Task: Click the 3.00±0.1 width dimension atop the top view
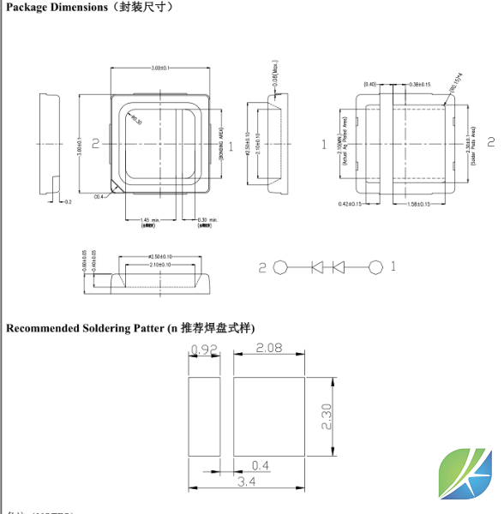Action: pos(159,67)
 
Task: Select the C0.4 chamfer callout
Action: pos(99,197)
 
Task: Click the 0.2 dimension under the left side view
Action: pos(69,202)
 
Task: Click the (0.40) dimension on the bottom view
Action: pos(370,84)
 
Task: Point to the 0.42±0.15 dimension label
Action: pos(350,204)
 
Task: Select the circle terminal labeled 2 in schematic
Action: pos(280,267)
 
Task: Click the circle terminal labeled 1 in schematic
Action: pos(375,267)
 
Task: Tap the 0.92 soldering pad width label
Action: pos(203,350)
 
